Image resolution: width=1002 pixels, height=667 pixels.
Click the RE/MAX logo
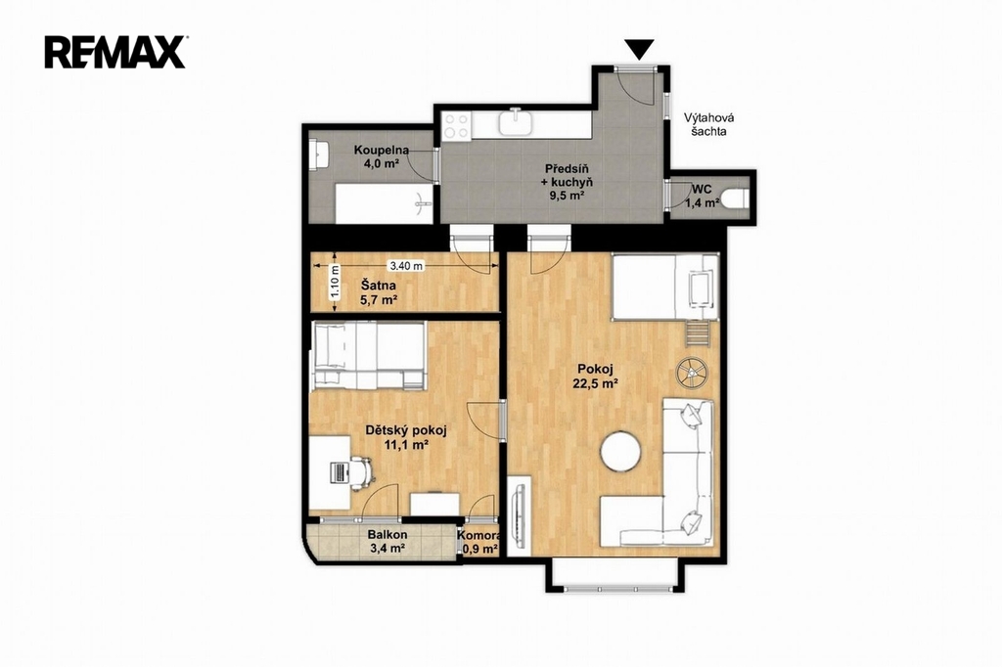point(115,52)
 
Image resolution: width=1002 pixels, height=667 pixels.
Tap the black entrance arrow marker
point(639,49)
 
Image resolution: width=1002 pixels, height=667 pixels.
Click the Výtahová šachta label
point(708,124)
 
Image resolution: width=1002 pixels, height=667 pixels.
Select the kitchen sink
point(516,121)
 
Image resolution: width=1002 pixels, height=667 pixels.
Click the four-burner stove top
point(457,125)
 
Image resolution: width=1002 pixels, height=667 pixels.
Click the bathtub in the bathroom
point(384,203)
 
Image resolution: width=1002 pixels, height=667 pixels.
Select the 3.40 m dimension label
point(405,265)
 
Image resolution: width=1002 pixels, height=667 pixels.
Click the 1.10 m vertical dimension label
point(335,282)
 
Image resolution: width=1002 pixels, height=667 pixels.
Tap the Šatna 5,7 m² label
point(378,292)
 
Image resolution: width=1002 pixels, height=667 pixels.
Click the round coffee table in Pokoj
point(620,452)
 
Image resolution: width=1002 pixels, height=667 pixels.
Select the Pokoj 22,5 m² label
point(596,376)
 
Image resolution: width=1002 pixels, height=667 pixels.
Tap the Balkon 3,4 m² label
point(387,541)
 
